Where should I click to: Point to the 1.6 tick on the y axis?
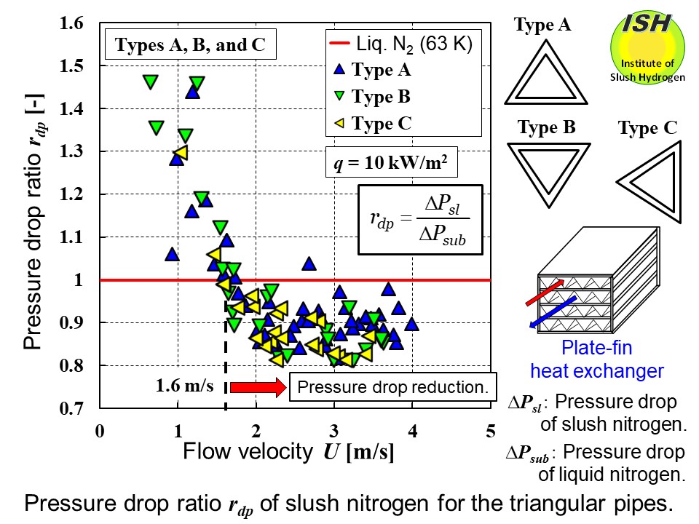point(79,23)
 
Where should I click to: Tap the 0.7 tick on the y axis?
point(79,408)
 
